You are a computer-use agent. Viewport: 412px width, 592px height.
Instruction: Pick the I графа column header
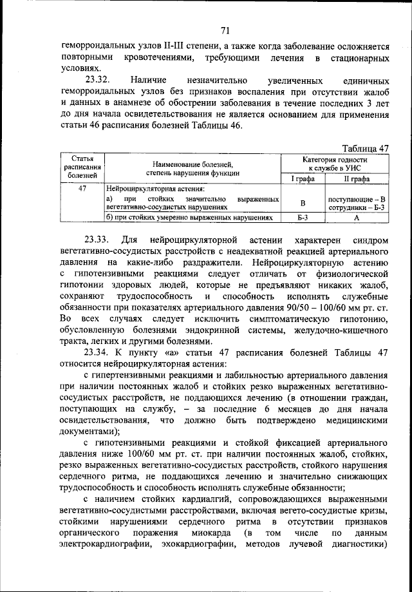pos(303,178)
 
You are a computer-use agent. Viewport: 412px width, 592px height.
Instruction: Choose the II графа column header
pos(355,178)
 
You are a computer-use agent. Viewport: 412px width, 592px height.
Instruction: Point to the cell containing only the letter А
pos(355,218)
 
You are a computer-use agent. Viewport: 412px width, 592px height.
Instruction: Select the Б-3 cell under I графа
pos(303,218)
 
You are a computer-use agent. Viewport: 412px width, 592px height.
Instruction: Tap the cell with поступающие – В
pos(356,199)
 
